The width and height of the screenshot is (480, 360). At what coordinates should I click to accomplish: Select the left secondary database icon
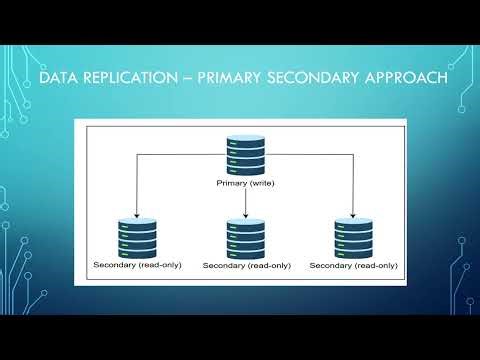pos(137,238)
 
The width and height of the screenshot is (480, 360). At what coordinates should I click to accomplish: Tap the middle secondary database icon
pos(246,239)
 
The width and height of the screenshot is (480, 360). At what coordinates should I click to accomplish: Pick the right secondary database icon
pos(353,238)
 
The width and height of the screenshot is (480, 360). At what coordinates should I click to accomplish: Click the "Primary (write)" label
pos(245,184)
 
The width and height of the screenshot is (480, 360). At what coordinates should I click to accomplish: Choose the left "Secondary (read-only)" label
pos(137,265)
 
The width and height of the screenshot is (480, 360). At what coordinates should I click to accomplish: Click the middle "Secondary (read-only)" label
pos(246,266)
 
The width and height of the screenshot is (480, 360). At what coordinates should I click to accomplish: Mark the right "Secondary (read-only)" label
pos(353,265)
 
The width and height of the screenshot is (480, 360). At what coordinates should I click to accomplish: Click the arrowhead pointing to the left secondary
pos(137,214)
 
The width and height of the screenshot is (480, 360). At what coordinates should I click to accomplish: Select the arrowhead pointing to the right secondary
pos(353,214)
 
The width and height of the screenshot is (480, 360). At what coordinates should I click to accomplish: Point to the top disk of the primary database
pos(245,143)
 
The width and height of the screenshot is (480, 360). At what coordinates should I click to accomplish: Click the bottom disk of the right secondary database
pos(353,253)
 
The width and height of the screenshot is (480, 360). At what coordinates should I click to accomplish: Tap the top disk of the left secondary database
pos(137,223)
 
